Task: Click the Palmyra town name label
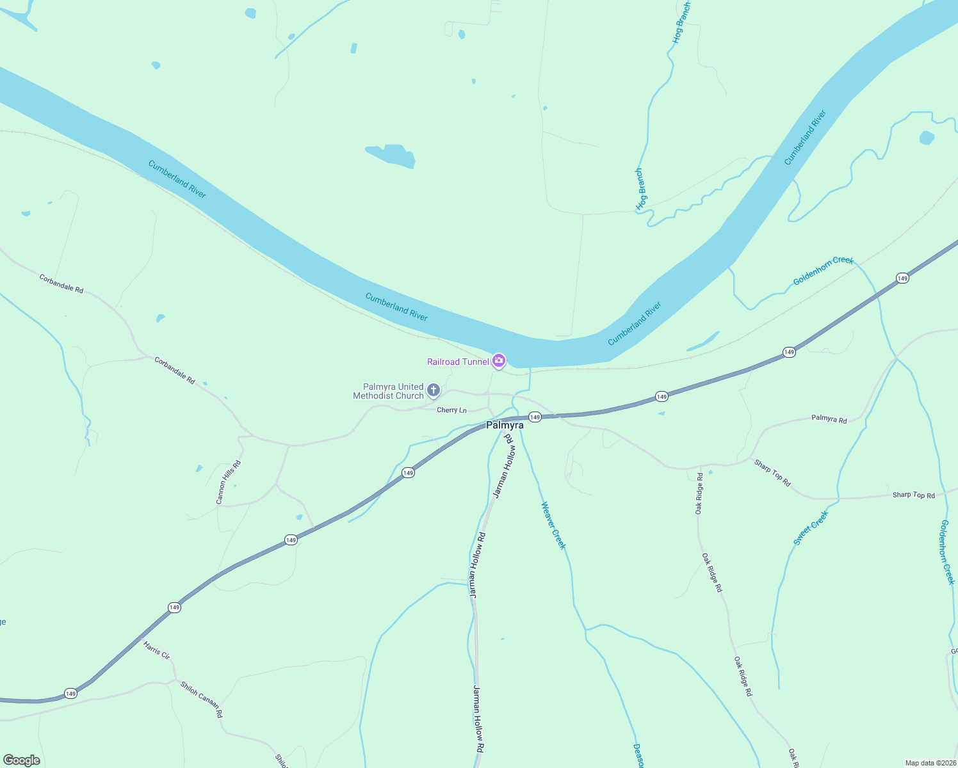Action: (505, 425)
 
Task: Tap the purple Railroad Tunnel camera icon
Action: (499, 361)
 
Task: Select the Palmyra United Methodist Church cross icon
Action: (434, 390)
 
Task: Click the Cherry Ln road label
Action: (451, 410)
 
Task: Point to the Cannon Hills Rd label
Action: (229, 482)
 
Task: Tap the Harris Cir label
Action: (157, 650)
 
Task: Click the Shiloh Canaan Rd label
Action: (201, 699)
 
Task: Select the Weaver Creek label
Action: (553, 525)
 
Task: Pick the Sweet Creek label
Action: (811, 528)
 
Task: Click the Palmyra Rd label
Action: (829, 419)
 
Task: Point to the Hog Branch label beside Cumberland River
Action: (640, 189)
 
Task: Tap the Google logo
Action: (22, 760)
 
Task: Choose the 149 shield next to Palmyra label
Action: (535, 417)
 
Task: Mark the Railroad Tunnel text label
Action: (458, 362)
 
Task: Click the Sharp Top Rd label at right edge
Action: (913, 495)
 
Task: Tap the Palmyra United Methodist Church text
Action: (389, 391)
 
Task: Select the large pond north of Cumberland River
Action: (391, 156)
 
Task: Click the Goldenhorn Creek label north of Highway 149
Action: (823, 271)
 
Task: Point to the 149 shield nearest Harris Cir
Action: (174, 607)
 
